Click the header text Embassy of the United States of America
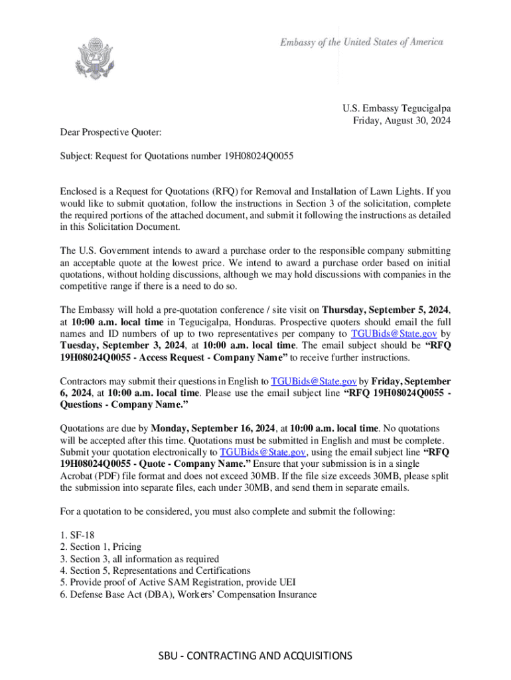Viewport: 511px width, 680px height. pos(361,42)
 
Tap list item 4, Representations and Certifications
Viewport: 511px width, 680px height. pos(155,570)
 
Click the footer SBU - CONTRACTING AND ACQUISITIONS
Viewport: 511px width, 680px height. pos(255,656)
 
